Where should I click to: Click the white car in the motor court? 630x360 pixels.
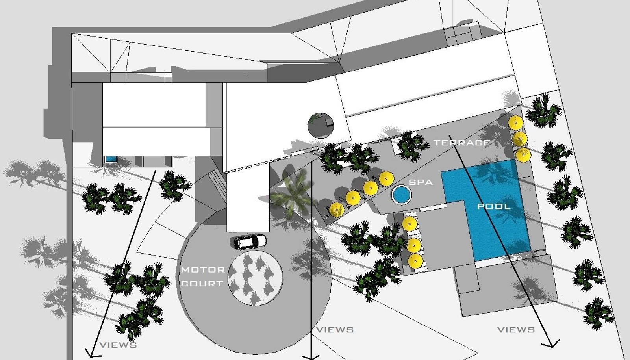[x=250, y=241]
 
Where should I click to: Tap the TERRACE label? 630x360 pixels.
[x=462, y=143]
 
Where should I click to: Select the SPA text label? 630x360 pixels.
[x=421, y=182]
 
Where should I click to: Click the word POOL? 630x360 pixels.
[x=494, y=206]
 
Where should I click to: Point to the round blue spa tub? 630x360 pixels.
[x=401, y=194]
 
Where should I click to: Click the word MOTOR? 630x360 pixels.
[x=203, y=270]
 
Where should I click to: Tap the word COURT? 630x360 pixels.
[x=202, y=283]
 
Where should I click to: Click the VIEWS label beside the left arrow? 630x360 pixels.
[x=118, y=345]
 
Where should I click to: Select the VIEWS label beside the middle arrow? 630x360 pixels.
[x=335, y=330]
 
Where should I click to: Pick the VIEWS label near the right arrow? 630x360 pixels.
[x=516, y=330]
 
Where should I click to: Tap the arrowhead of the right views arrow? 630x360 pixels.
[x=550, y=343]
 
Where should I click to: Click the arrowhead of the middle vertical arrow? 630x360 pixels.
[x=311, y=357]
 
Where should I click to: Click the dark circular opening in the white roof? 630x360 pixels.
[x=321, y=125]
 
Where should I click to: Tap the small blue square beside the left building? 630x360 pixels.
[x=111, y=159]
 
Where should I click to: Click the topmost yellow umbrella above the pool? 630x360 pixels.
[x=515, y=122]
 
